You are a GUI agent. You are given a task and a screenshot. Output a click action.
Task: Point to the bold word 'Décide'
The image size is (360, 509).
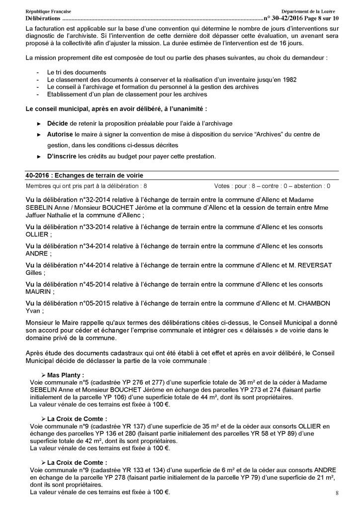coord(58,123)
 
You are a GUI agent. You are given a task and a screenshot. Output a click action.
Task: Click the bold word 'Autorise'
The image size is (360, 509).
coord(60,134)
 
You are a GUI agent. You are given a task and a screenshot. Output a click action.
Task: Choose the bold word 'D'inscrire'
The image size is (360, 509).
coord(63,156)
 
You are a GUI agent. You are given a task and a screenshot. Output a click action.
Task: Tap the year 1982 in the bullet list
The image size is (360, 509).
coord(233,80)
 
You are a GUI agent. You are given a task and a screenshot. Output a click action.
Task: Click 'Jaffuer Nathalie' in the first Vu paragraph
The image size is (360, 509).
coord(48,217)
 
